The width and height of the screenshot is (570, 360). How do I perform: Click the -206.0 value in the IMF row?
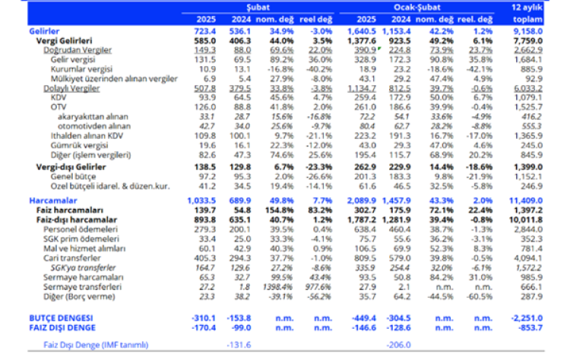[391, 345]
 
